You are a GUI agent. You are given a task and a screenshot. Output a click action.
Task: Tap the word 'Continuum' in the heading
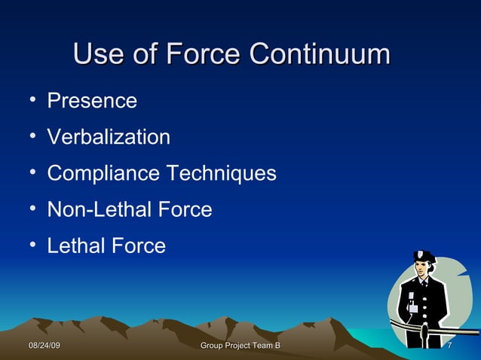coord(320,55)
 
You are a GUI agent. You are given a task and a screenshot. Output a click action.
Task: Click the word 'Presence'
coord(92,101)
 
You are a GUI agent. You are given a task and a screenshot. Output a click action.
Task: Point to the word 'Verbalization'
coord(109,137)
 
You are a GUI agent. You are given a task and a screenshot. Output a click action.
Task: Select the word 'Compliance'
coord(103,174)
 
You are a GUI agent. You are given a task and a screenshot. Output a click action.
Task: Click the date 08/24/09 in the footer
coord(44,346)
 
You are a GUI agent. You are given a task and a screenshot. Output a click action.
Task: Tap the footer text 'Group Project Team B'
coord(240,346)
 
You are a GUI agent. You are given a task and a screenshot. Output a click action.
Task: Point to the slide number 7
coord(449,346)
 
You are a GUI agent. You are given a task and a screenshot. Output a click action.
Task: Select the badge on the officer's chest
coord(412,308)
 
